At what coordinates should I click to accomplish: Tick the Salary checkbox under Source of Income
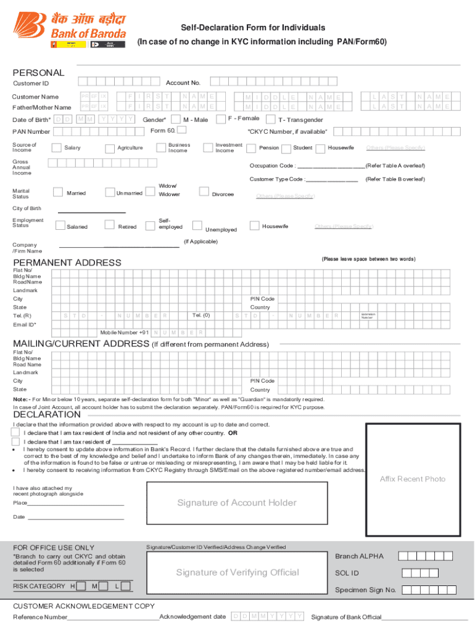57,147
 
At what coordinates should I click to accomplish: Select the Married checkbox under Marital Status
57,193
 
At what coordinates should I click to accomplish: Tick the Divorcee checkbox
204,193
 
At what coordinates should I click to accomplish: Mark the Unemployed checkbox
197,226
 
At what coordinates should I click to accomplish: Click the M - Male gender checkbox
176,119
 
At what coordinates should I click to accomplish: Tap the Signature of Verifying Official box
237,572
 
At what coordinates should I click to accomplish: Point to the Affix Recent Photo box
412,478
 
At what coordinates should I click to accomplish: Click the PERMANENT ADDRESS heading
67,263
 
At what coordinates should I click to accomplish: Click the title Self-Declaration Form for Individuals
253,28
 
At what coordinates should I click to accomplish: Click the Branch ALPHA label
359,556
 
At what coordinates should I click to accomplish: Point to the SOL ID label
347,573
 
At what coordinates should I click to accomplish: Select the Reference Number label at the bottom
40,617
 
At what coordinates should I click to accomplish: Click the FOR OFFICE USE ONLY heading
54,547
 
